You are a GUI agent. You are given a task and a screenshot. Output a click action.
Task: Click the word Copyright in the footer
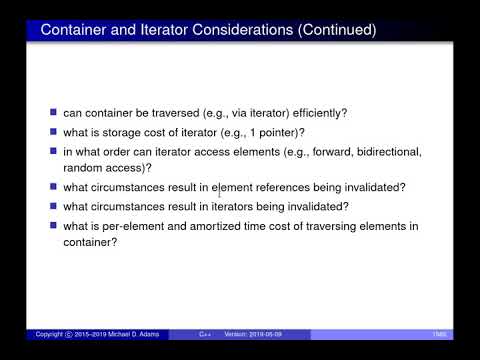[48, 333]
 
